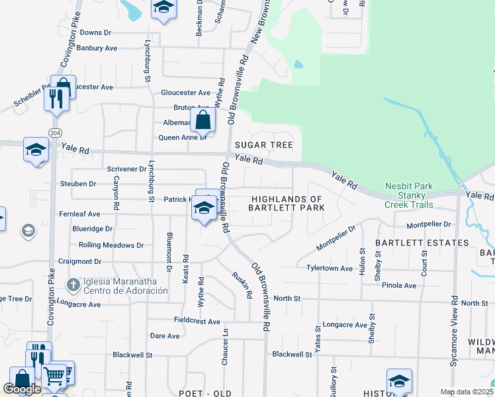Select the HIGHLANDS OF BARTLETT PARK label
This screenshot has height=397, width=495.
[x=286, y=203]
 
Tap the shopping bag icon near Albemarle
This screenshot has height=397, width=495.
[x=202, y=120]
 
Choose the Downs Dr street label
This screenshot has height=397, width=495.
[x=95, y=32]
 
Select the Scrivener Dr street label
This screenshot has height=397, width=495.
[x=126, y=169]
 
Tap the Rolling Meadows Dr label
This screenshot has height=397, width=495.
[x=111, y=245]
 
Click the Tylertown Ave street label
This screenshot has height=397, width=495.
[x=329, y=268]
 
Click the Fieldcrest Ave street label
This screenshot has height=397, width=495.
[x=197, y=322]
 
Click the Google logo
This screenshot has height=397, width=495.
[x=22, y=390]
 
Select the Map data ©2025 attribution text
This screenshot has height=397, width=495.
[x=467, y=392]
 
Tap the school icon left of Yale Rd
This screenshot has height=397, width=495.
[x=36, y=150]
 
